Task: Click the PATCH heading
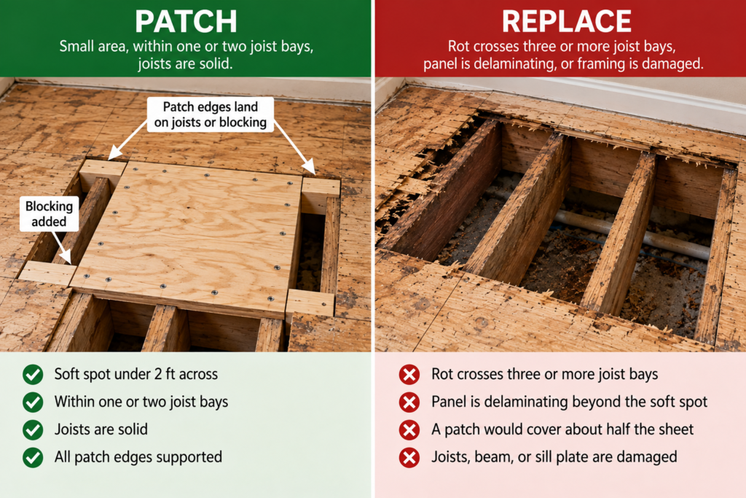[x=186, y=21]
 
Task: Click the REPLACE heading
[x=566, y=21]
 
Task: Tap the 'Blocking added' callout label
[x=49, y=214]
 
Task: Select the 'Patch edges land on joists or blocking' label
[x=211, y=114]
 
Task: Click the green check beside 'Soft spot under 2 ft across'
[x=33, y=375]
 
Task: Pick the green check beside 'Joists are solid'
[x=33, y=430]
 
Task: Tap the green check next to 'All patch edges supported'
[x=33, y=457]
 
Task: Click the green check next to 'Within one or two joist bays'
[x=33, y=402]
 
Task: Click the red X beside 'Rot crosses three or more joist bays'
[x=409, y=375]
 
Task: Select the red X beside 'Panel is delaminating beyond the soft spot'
[x=409, y=402]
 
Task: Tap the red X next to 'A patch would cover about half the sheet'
[x=409, y=430]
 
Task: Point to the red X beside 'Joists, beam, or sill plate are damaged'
[x=409, y=457]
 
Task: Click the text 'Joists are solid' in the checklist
[x=101, y=429]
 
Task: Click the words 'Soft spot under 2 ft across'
[x=136, y=374]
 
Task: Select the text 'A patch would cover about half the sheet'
[x=562, y=429]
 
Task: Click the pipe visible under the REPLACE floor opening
[x=633, y=233]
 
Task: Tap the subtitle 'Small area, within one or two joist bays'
[x=186, y=47]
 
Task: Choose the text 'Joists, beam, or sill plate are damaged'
[x=554, y=457]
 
